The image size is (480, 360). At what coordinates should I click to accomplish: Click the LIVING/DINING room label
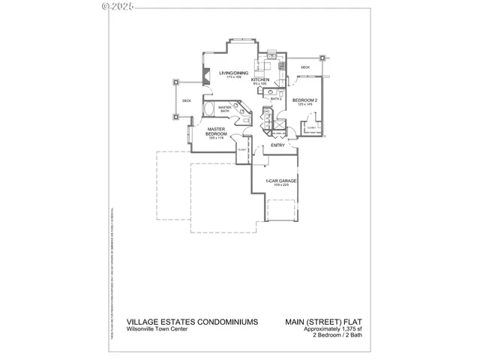[234, 73]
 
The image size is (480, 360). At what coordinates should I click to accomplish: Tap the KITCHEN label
[260, 79]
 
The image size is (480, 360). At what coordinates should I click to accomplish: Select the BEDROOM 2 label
[305, 100]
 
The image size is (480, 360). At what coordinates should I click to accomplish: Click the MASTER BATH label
[224, 109]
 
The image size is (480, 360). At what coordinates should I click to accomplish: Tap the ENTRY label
[277, 145]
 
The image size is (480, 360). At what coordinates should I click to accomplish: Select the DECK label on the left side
[186, 100]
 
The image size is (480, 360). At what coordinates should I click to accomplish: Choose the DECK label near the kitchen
[305, 67]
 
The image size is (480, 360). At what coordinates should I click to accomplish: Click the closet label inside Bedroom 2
[311, 128]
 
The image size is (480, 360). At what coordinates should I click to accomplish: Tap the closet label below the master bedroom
[241, 151]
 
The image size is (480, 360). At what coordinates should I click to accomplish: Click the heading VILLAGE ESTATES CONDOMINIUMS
[193, 321]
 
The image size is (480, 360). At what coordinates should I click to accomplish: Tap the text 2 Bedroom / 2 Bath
[339, 334]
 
